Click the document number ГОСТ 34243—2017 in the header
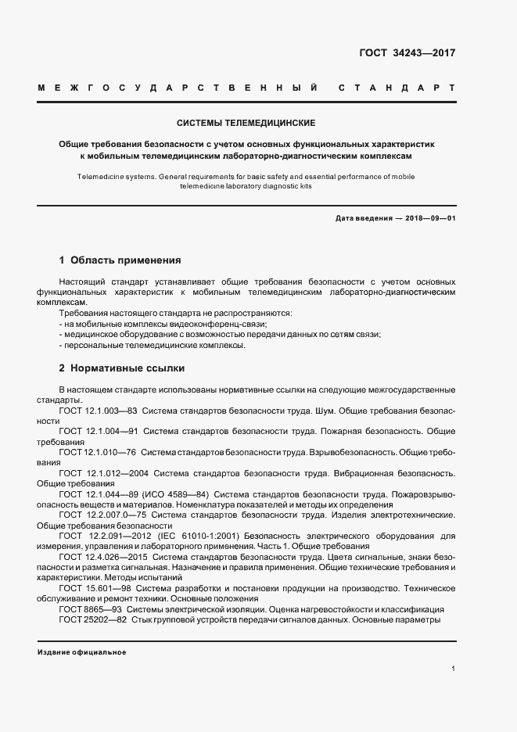[x=407, y=54]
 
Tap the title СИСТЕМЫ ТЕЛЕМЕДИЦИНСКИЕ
[x=246, y=124]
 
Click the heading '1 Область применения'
[x=120, y=260]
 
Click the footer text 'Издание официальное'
[x=81, y=652]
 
